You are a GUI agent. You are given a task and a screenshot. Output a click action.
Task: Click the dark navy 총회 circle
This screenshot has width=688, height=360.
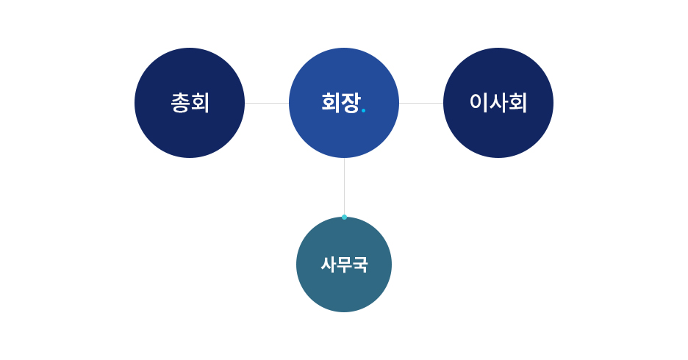tap(190, 103)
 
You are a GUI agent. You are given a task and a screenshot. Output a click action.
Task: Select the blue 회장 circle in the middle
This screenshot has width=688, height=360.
tap(344, 103)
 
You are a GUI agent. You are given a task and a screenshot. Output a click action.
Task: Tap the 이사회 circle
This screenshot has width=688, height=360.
tap(498, 103)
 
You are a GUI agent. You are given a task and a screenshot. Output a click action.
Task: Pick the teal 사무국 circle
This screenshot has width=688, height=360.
tap(344, 264)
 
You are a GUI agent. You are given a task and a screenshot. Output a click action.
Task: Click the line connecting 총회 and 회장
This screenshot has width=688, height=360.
tap(267, 104)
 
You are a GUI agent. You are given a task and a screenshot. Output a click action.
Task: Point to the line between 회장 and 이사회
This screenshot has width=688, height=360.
tap(421, 104)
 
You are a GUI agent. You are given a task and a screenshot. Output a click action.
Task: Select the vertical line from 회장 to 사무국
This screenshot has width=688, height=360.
tap(345, 187)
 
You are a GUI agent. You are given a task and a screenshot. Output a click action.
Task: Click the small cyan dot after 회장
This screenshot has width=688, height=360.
tap(363, 110)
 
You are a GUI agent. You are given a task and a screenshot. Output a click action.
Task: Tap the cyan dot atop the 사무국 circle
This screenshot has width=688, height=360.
tap(345, 217)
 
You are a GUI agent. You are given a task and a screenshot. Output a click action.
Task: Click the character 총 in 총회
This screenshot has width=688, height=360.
tap(180, 103)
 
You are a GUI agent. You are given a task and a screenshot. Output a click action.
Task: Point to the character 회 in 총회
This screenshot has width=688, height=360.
tap(200, 103)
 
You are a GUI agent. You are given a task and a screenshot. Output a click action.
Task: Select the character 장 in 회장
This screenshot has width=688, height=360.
tap(351, 103)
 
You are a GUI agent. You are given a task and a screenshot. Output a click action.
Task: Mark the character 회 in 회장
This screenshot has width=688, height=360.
tap(331, 103)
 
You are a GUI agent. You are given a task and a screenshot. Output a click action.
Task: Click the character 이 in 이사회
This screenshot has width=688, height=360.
tap(479, 102)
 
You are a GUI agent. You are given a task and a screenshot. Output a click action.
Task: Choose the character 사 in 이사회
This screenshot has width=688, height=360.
tap(498, 102)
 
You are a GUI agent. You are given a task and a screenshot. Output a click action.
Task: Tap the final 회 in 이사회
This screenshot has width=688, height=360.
tap(517, 102)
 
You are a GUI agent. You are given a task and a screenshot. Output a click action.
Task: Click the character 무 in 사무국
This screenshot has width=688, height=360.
tap(344, 264)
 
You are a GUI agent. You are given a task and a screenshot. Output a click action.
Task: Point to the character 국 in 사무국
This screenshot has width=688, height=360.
tap(359, 264)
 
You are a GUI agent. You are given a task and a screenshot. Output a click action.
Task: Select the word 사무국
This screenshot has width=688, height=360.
tap(344, 264)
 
